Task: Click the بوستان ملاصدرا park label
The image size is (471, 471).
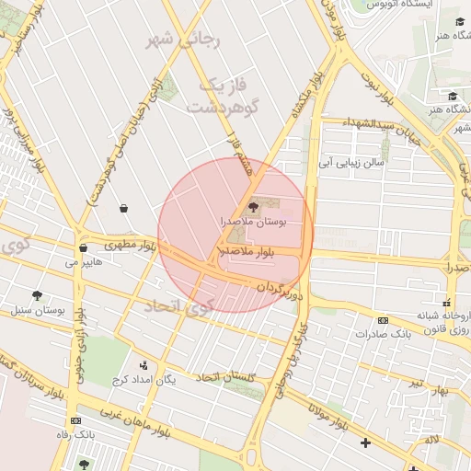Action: click(254, 222)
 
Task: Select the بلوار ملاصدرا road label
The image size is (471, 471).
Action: click(247, 250)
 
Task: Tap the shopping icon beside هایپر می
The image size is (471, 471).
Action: click(84, 247)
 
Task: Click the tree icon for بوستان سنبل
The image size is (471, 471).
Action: click(37, 295)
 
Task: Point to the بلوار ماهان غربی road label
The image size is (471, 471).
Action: click(134, 419)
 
